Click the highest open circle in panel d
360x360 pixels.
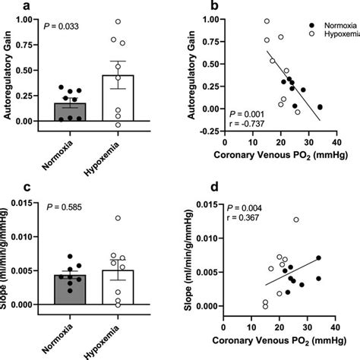(296, 219)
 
